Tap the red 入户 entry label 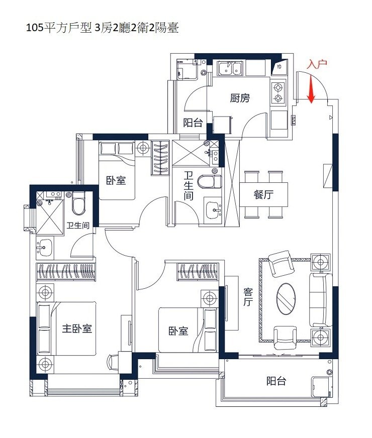pos(317,64)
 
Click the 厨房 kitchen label pos(240,98)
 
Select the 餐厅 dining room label pos(263,194)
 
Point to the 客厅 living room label pos(248,297)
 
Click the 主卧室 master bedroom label pos(77,328)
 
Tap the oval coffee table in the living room pos(286,299)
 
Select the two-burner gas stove pos(278,93)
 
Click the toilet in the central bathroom pos(210,181)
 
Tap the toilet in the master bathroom pos(78,203)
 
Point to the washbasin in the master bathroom pos(44,247)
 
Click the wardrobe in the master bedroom pos(66,272)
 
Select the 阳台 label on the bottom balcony pos(276,381)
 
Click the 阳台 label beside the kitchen pos(193,123)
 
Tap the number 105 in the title pos(34,29)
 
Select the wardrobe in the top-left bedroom pos(160,158)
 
